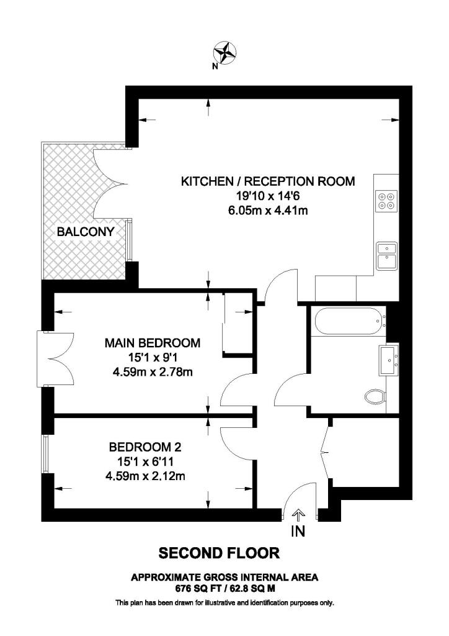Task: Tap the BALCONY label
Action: coord(86,232)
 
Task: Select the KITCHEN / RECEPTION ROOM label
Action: coord(267,182)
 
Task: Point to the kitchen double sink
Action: coord(386,255)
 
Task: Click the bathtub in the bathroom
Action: coord(347,322)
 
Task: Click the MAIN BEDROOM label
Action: coord(153,343)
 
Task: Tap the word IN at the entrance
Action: coord(298,532)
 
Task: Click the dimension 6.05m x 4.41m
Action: coord(268,211)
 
